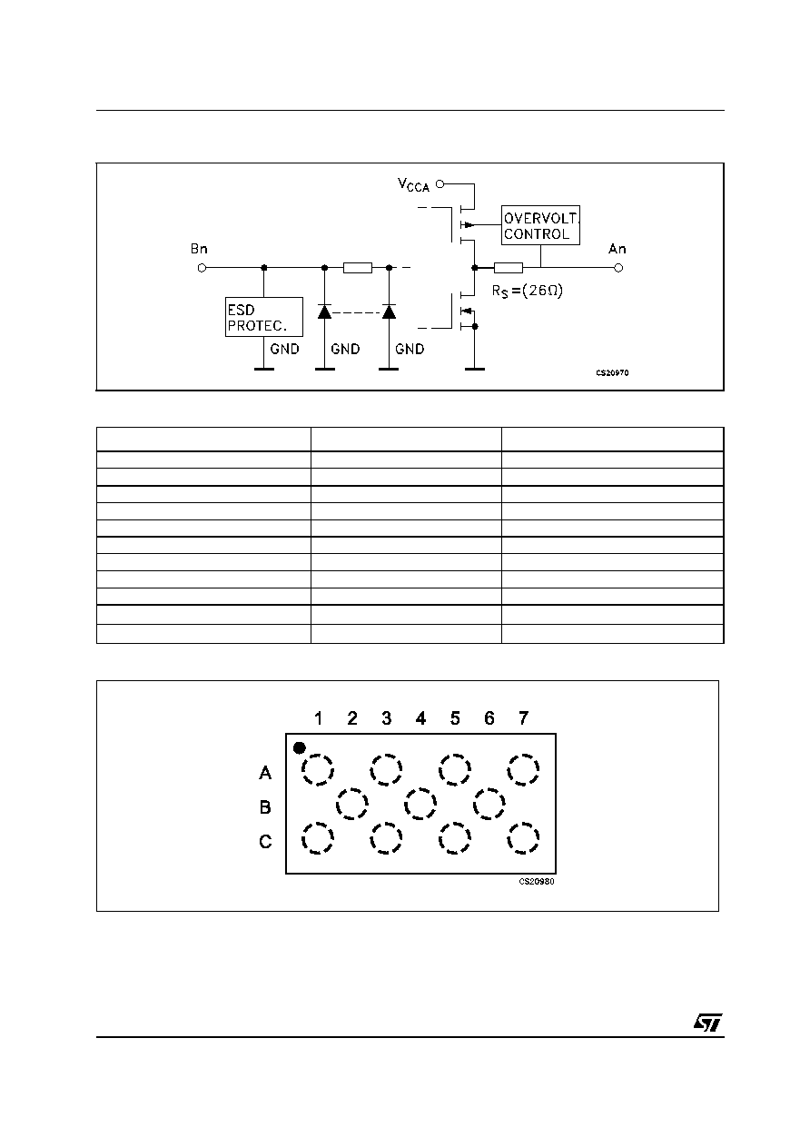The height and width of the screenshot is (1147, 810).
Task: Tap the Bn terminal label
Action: tap(199, 249)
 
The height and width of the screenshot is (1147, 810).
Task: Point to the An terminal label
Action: tap(617, 249)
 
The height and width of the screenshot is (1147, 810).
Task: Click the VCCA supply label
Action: tap(413, 185)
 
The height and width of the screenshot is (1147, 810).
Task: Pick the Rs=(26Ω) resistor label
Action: tap(528, 292)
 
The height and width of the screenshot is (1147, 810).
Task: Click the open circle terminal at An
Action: tap(618, 267)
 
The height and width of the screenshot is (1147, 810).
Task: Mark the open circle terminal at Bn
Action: tap(202, 268)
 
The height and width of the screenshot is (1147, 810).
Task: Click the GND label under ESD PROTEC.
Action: tap(284, 350)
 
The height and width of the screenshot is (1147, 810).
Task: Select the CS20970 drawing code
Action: tap(612, 372)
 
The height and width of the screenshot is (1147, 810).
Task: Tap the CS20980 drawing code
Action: tap(537, 881)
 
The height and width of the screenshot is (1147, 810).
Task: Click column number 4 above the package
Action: tap(420, 718)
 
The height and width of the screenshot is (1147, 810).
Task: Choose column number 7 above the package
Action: tap(523, 718)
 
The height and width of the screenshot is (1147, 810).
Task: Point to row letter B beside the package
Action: tap(265, 807)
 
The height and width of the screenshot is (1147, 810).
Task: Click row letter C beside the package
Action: tap(265, 841)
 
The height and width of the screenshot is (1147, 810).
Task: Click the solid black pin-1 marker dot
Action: tap(300, 748)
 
